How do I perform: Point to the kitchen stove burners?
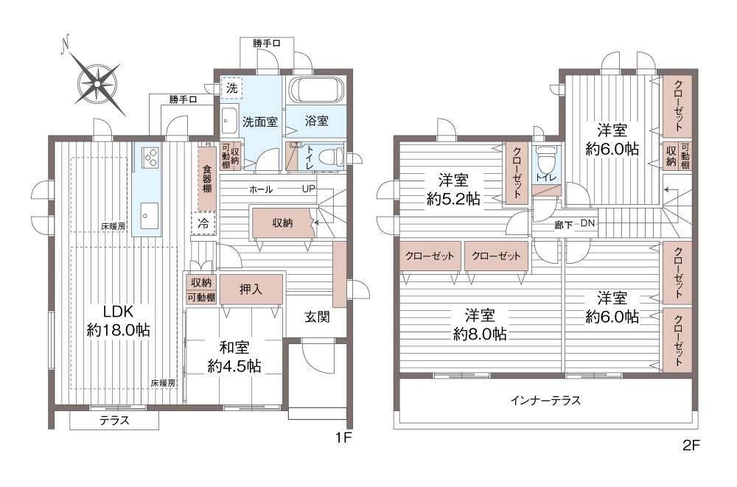pyautogui.click(x=151, y=158)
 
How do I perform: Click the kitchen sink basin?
pyautogui.click(x=148, y=216)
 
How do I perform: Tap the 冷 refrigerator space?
pyautogui.click(x=203, y=223)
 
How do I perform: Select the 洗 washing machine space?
pyautogui.click(x=231, y=88)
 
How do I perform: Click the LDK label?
pyautogui.click(x=119, y=311)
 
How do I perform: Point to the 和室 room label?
pyautogui.click(x=234, y=348)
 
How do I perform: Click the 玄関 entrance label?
pyautogui.click(x=317, y=317)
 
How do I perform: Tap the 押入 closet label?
pyautogui.click(x=251, y=289)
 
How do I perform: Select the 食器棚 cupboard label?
pyautogui.click(x=207, y=178)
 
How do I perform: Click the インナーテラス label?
pyautogui.click(x=545, y=401)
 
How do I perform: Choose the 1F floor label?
pyautogui.click(x=343, y=438)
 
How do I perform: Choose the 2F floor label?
pyautogui.click(x=691, y=445)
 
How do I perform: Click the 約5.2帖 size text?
pyautogui.click(x=453, y=199)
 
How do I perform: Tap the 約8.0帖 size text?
pyautogui.click(x=480, y=334)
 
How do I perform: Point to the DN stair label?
pyautogui.click(x=587, y=223)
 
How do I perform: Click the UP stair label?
pyautogui.click(x=309, y=189)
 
